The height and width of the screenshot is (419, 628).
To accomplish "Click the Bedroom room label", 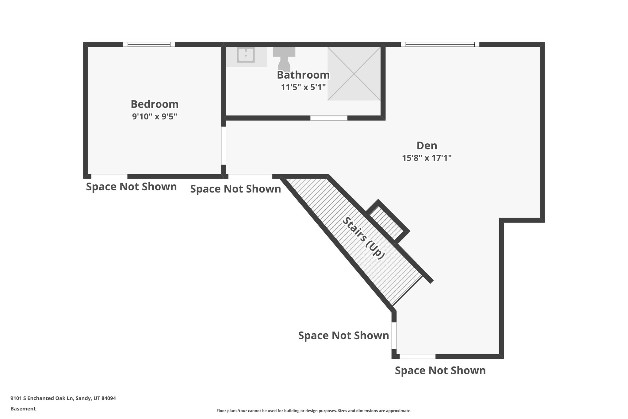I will point(155,104).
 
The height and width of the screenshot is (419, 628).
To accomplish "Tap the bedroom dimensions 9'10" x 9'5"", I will point(155,117).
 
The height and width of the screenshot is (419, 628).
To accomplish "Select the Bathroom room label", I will point(303,75).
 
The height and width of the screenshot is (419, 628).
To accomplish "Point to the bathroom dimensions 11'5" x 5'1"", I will point(303,87).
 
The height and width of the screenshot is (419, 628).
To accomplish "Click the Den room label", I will point(427,145).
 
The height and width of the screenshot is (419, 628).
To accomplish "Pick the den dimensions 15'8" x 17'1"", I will point(427,158).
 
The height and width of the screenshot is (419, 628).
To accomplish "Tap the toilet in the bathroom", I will point(284,60).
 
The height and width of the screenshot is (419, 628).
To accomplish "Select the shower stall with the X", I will point(354,74).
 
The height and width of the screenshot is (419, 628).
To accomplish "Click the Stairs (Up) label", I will point(363,238).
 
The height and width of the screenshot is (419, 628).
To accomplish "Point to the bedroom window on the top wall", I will point(149,45).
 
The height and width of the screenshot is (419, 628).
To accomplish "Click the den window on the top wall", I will point(440,45).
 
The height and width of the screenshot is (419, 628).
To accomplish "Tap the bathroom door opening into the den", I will point(328,118).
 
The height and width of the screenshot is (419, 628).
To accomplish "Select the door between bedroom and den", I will point(224,146).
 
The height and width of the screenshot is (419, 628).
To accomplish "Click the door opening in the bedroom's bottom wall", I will point(109,177).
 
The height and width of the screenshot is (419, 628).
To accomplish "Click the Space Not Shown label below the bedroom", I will point(131,187).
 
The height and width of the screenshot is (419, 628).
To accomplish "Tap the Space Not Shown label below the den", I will point(440,371).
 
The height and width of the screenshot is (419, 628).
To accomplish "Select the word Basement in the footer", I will point(23,409).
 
